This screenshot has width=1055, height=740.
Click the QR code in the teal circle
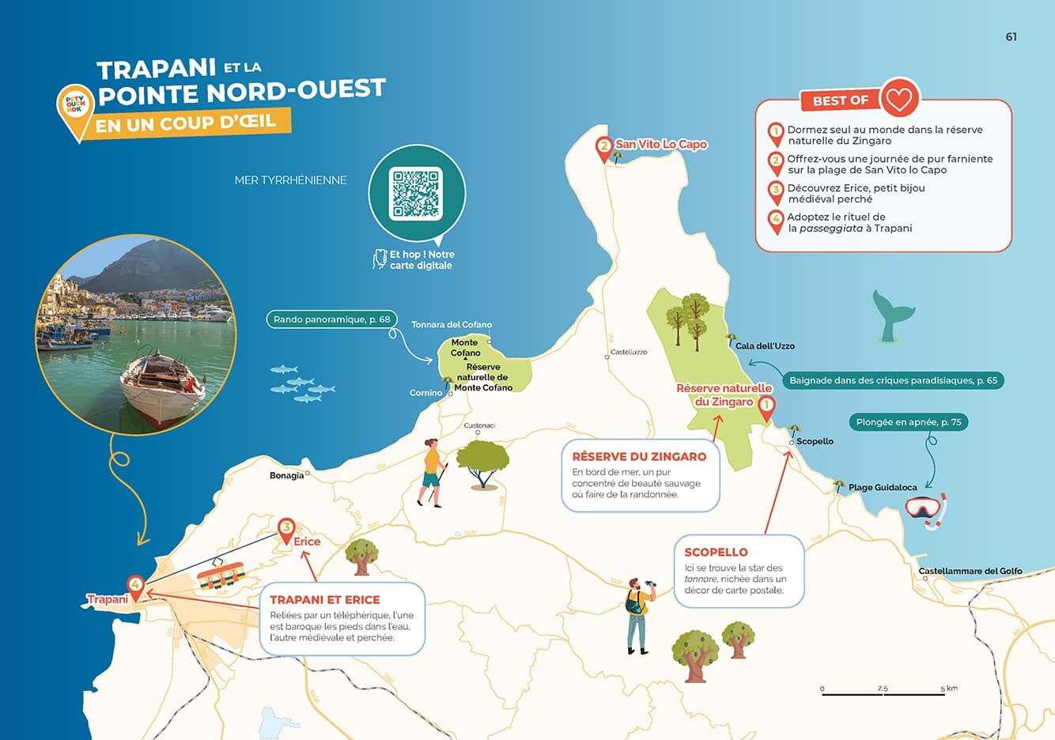[x=416, y=193]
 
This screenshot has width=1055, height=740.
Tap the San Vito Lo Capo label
[x=661, y=144]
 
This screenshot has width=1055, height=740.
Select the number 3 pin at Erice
[x=286, y=528]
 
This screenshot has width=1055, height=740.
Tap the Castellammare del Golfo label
[x=970, y=571]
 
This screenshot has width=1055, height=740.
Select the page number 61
[x=1011, y=36]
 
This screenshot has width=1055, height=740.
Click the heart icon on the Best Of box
[x=898, y=99]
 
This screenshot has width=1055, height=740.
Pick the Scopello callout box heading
[x=716, y=552]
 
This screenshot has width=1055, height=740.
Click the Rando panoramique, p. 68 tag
[x=331, y=319]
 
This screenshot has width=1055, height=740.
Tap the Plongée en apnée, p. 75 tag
[x=908, y=422]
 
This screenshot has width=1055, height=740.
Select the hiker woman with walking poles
[x=431, y=473]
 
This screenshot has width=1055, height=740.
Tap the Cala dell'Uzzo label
[x=764, y=345]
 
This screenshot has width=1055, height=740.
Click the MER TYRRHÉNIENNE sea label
[x=290, y=180]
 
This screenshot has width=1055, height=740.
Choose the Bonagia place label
[x=286, y=475]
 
